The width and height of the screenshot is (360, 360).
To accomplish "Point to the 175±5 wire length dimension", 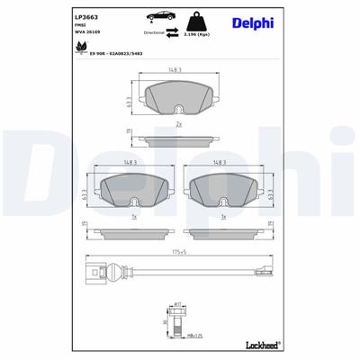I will point(180,253).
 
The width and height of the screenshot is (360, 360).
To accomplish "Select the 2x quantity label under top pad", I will point(179,123).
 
